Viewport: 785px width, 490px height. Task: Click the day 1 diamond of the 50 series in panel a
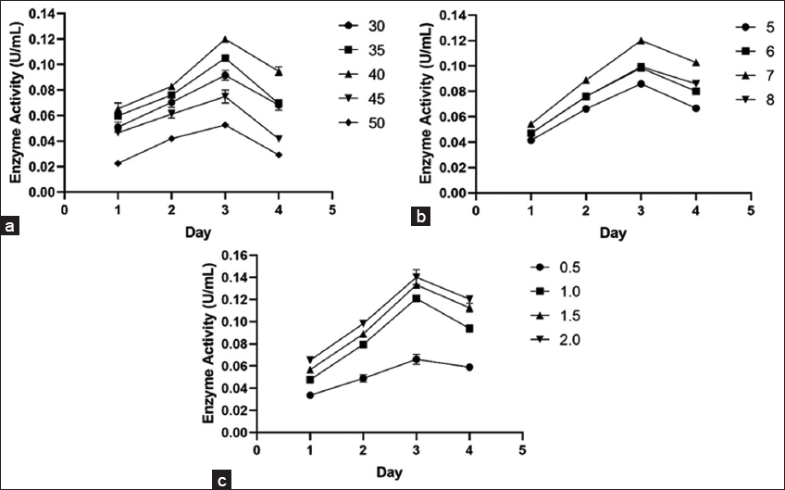tap(118, 163)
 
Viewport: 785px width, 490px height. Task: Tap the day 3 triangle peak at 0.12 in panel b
tap(641, 41)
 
